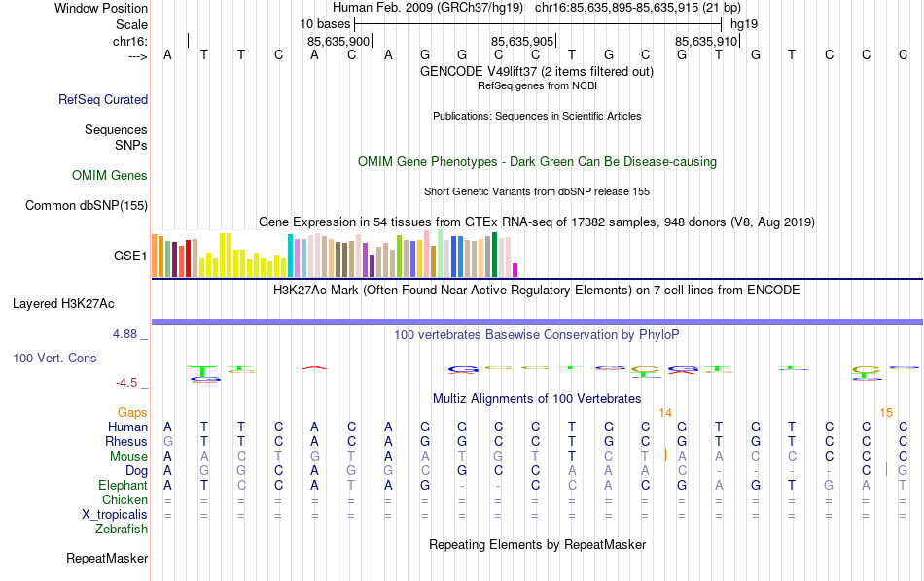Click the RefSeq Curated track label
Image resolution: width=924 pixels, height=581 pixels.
103,99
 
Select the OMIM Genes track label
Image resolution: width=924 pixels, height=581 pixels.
110,176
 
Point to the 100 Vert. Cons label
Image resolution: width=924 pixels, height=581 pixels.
54,359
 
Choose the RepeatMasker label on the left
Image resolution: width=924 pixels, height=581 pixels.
107,559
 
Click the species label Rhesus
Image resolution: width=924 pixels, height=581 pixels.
126,442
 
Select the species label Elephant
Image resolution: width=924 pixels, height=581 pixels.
123,485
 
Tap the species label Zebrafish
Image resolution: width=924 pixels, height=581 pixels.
122,530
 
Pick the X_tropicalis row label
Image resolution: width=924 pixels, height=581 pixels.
115,515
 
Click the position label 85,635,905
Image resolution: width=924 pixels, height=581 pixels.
523,42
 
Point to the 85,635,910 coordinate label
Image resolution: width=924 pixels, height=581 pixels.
707,42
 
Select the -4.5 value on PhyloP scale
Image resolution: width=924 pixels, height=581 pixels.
127,383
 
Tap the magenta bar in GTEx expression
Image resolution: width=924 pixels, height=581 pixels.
515,270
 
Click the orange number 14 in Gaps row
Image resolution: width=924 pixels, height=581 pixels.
665,413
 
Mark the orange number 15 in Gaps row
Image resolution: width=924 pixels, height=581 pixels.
886,413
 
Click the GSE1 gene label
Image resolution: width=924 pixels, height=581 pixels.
130,256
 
